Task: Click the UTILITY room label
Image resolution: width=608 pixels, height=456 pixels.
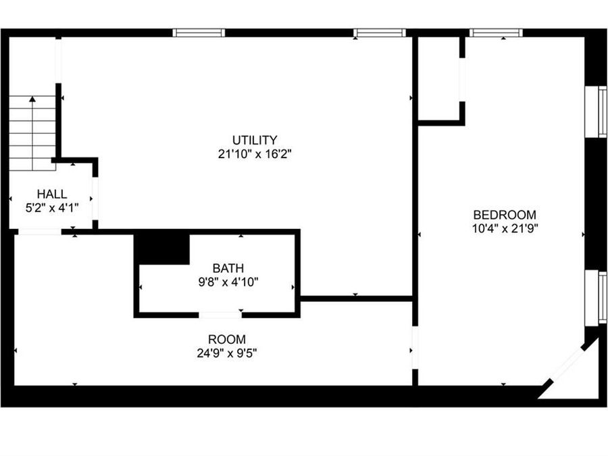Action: (255, 141)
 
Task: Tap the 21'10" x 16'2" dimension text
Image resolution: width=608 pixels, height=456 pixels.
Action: (255, 154)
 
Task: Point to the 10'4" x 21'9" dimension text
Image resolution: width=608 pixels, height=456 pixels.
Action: (505, 228)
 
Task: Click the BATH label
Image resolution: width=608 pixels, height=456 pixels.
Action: (228, 268)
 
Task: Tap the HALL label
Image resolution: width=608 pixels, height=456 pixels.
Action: (52, 194)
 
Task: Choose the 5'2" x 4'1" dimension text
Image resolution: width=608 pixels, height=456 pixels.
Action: (52, 207)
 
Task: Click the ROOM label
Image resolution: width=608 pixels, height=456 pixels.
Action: (227, 339)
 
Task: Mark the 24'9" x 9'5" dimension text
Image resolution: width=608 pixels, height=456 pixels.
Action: (227, 353)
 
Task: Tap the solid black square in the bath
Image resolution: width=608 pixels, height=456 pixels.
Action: (162, 249)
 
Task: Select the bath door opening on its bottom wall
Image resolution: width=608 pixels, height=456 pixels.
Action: (220, 314)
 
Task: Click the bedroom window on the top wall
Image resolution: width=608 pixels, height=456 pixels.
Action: (496, 32)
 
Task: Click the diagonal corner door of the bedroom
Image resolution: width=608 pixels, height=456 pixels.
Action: (567, 365)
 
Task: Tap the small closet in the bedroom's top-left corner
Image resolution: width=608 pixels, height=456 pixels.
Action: (439, 79)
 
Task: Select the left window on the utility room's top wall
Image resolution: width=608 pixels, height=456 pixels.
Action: (199, 32)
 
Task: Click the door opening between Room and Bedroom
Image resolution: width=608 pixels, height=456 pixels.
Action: (415, 347)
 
